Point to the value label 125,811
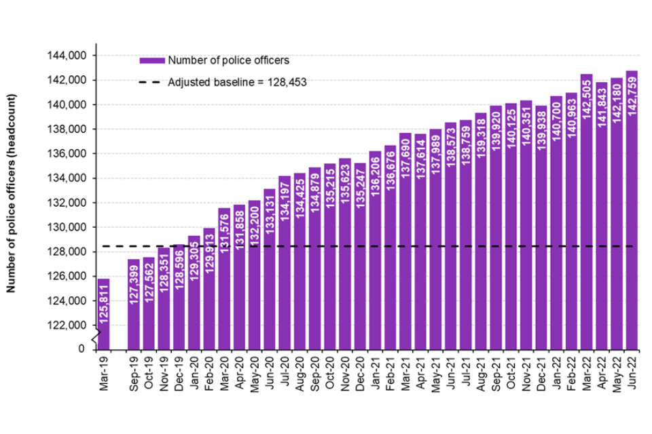pyautogui.click(x=104, y=322)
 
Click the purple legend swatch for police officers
pyautogui.click(x=152, y=60)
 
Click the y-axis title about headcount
pyautogui.click(x=12, y=193)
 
